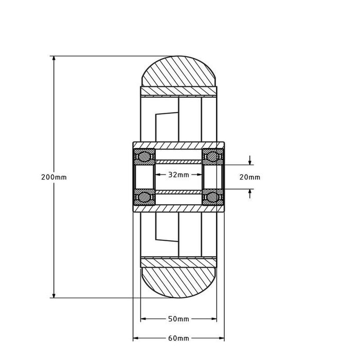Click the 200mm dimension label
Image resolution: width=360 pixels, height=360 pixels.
coord(53,177)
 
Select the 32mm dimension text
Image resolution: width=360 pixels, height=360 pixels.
coord(178,175)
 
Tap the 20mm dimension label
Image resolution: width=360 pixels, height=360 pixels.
coord(250,177)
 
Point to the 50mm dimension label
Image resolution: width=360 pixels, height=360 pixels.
coord(178,319)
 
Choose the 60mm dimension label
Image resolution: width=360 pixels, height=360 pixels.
coord(178,338)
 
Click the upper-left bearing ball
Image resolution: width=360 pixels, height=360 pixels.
coord(143,155)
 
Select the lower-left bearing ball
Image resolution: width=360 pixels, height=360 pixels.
coord(143,196)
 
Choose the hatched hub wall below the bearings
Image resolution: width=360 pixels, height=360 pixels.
coord(178,208)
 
